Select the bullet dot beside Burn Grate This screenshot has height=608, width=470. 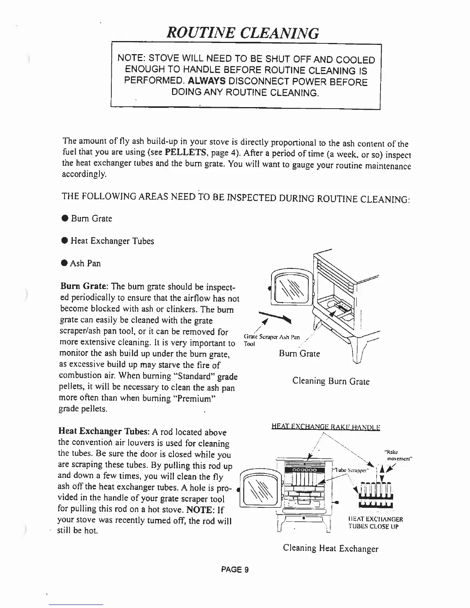(65, 219)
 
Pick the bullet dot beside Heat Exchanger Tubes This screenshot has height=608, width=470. (65, 241)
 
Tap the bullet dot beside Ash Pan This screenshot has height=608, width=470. (65, 263)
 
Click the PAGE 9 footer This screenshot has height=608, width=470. (235, 570)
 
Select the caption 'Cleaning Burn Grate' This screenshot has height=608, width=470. (331, 381)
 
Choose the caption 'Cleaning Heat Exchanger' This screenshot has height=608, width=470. (331, 549)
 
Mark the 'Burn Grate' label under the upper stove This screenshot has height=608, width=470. (299, 354)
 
